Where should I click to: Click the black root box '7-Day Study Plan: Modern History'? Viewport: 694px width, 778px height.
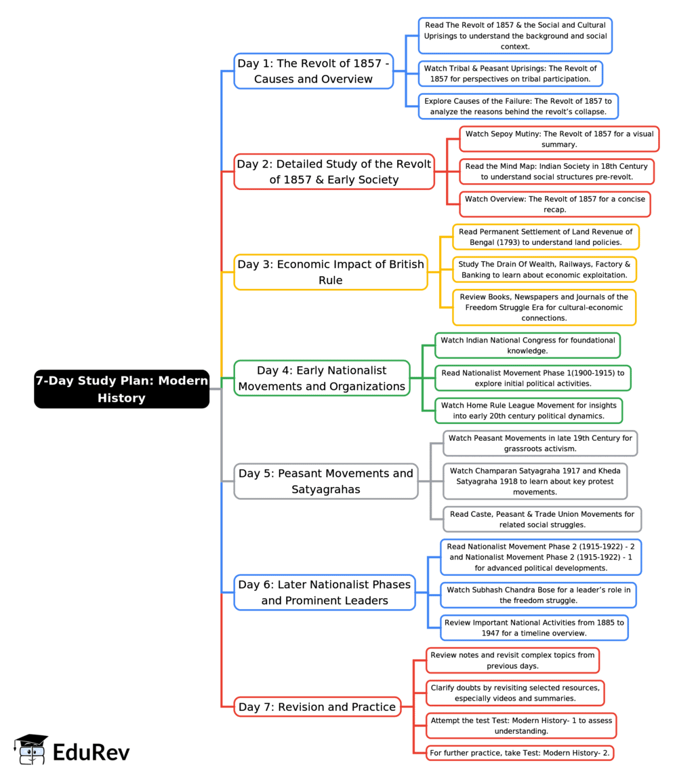coord(121,389)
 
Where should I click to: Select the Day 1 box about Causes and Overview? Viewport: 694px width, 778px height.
coord(313,71)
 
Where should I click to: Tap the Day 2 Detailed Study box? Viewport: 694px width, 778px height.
coord(334,172)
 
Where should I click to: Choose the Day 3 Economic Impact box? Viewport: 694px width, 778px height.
coord(331,272)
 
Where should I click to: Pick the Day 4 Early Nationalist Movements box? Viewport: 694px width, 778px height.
coord(322,378)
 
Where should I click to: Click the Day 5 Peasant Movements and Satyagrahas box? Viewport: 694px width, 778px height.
coord(326,482)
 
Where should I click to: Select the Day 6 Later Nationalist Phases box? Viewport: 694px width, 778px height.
coord(325,592)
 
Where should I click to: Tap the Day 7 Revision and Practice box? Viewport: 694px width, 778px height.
coord(317,707)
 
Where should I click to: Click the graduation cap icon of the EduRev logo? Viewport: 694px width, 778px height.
coord(31,750)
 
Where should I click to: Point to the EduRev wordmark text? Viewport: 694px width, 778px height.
coord(91,752)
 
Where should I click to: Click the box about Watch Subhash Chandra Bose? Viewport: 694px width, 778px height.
coord(538,595)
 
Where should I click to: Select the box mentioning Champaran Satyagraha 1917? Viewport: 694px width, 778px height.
coord(535,482)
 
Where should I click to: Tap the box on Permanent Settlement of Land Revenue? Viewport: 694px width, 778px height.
coord(546,237)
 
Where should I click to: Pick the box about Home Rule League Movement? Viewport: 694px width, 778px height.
coord(529,410)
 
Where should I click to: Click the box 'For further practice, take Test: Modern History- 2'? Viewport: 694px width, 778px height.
coord(520,753)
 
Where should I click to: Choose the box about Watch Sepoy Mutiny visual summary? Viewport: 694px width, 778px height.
coord(559,139)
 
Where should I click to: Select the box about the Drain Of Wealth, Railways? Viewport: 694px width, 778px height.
coord(544,269)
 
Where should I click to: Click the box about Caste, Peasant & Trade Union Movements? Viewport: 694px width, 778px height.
coord(542,519)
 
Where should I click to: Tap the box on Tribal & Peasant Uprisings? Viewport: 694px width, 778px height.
coord(510,73)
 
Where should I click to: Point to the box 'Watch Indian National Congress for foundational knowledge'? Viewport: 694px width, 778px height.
coord(527,345)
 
